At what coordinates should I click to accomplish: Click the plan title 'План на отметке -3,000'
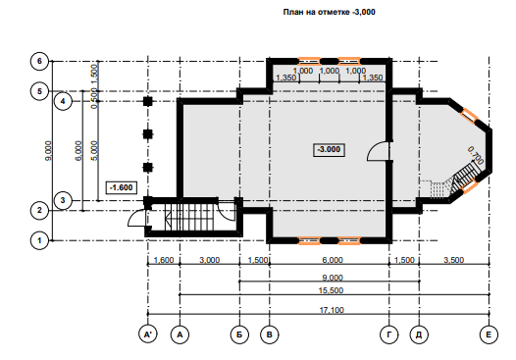329,12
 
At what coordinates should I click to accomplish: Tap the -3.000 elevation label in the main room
329,150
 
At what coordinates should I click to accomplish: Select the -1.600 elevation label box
121,187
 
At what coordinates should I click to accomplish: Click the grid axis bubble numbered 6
39,61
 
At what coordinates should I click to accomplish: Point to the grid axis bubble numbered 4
63,101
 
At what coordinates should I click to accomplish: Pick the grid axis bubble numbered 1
39,240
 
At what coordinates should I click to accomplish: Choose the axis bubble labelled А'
148,334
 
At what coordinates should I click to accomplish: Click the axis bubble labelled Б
239,334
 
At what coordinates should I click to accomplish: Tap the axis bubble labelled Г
389,334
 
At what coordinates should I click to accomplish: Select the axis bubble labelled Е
489,334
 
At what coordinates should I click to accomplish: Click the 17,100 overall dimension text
332,310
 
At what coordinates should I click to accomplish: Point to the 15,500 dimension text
331,290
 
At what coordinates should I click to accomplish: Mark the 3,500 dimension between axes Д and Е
454,260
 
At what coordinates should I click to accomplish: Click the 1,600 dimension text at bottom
164,260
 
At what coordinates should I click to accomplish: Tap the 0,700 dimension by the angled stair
476,155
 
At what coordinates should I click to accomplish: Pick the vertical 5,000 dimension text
94,150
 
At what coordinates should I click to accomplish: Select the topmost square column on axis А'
148,101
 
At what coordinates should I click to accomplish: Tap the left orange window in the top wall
309,61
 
